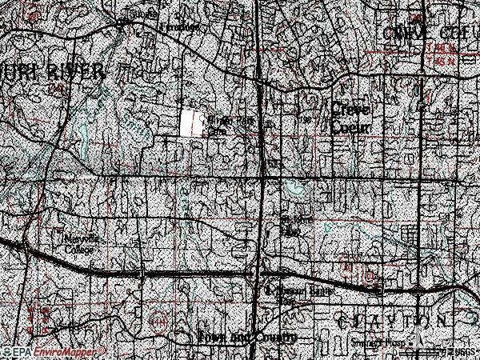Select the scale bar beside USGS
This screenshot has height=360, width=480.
click(436, 351)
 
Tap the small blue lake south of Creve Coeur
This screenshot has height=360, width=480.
click(296, 189)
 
